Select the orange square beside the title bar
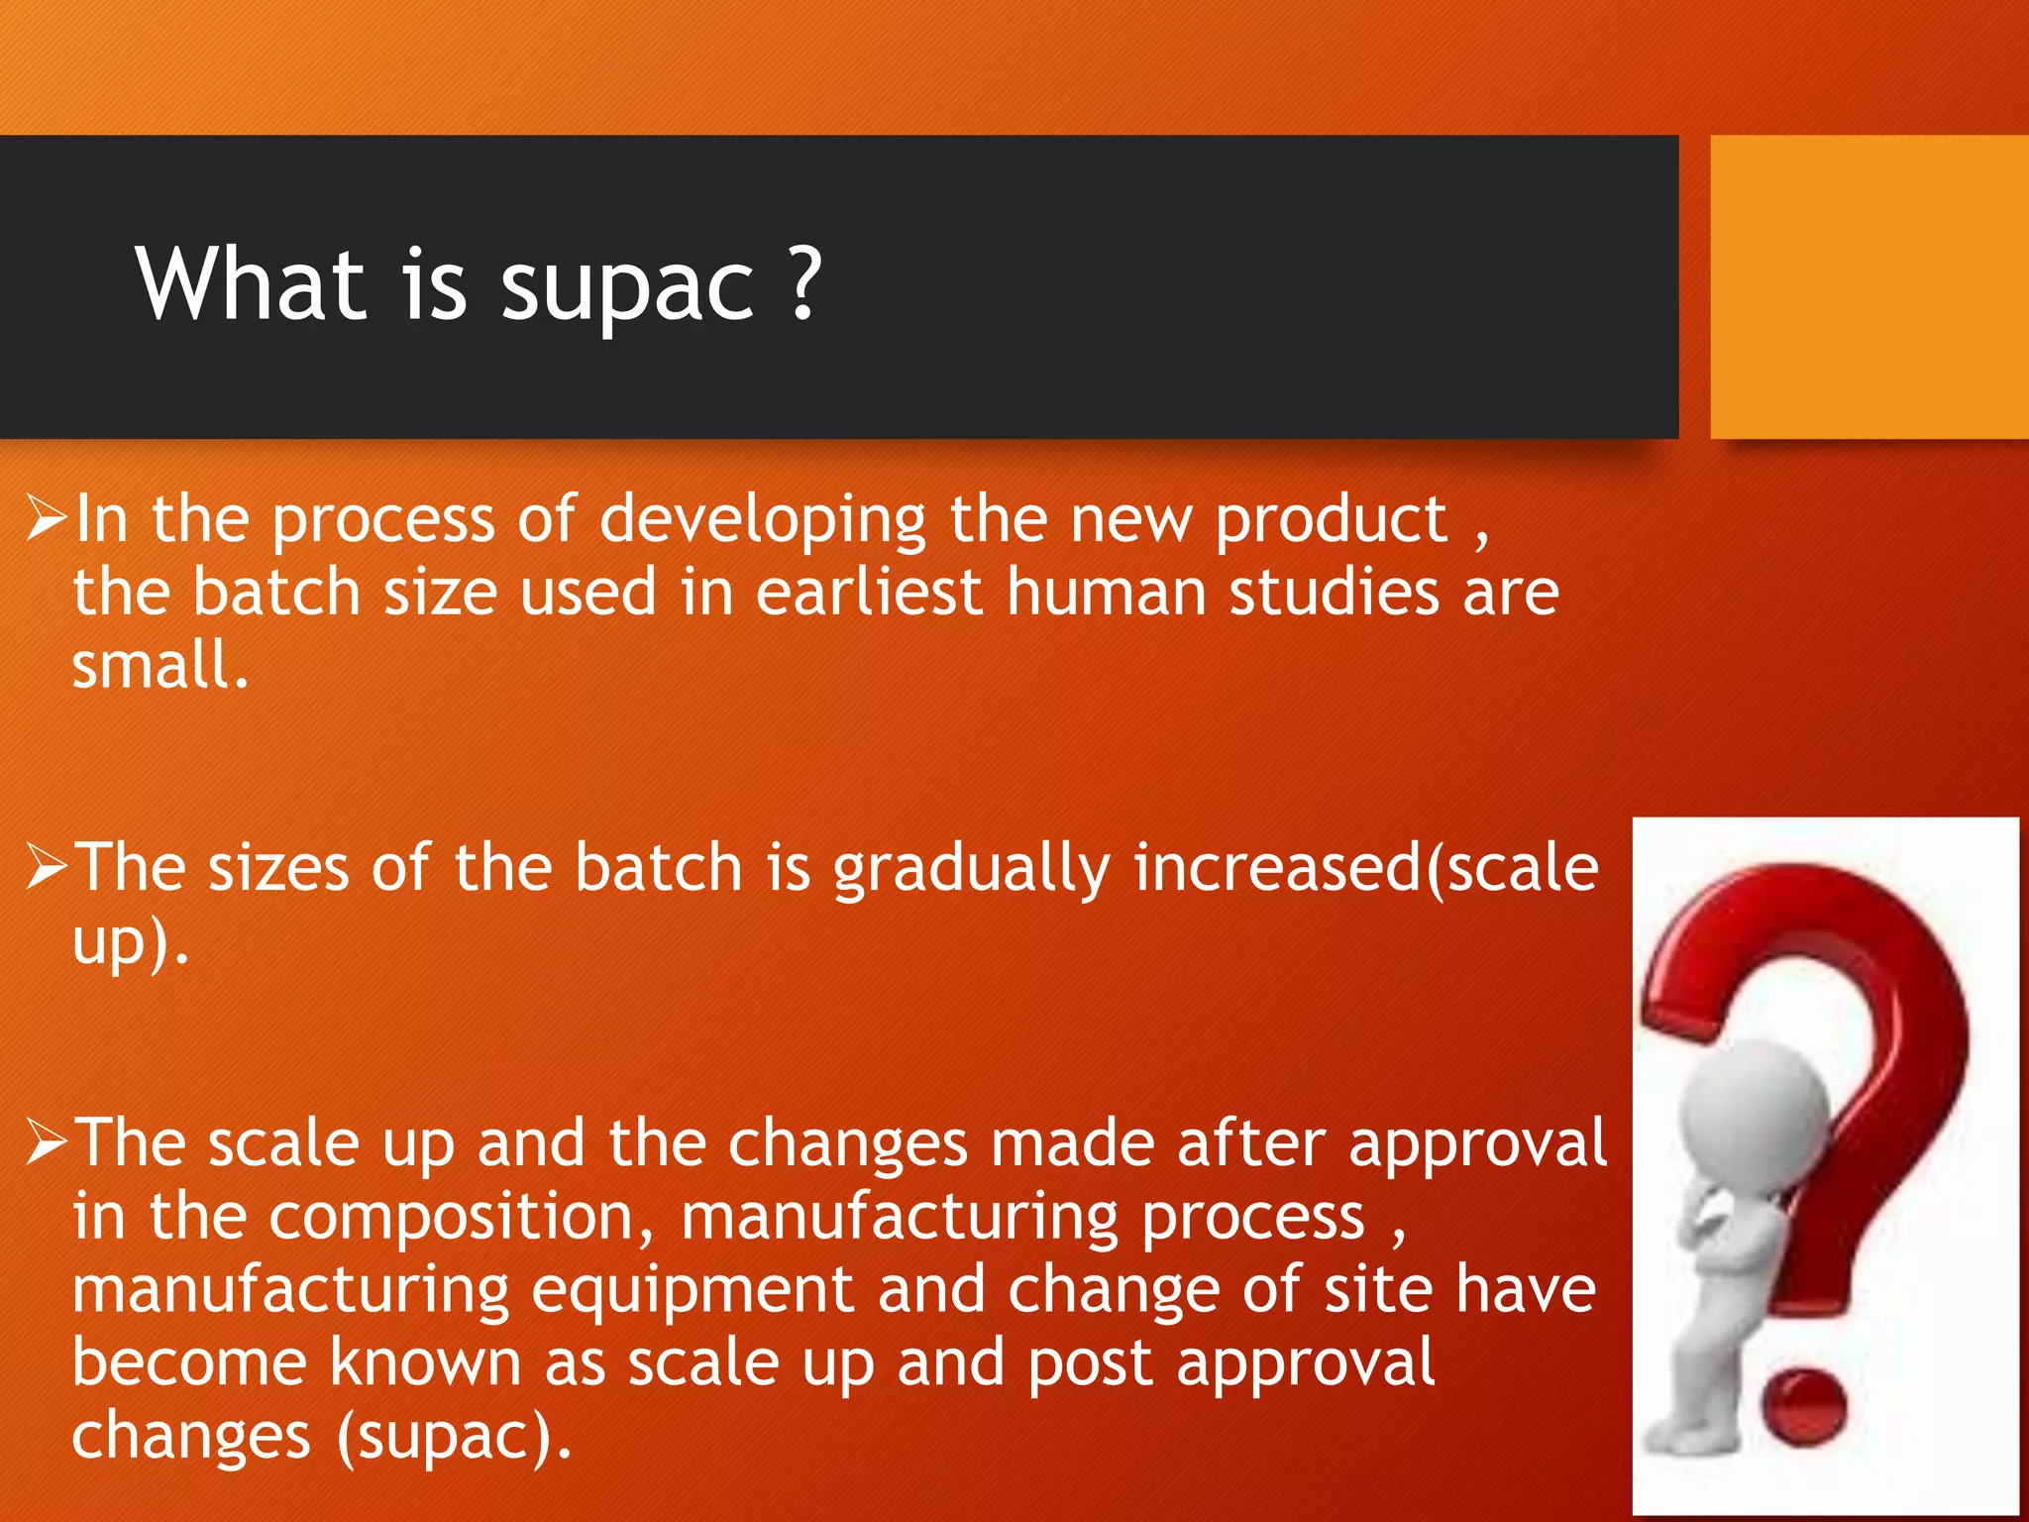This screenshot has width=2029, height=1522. (x=1869, y=287)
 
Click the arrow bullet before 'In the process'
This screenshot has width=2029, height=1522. (x=47, y=517)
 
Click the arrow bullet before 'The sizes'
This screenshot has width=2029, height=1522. (x=47, y=866)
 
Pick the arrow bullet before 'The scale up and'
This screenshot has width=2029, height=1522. (x=47, y=1141)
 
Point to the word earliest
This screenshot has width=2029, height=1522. (x=869, y=593)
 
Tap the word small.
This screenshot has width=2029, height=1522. (x=159, y=665)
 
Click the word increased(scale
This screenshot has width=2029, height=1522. (x=1365, y=868)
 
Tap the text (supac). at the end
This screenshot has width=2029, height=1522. (x=454, y=1437)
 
